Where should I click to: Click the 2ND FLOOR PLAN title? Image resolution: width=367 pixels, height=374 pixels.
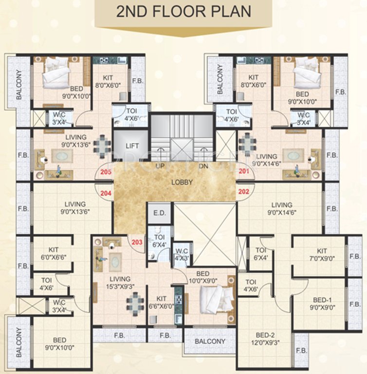click(183, 12)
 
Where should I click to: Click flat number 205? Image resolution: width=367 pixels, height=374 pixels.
click(106, 171)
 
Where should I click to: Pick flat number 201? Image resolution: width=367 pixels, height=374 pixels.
click(244, 171)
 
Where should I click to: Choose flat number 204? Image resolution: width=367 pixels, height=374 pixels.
click(106, 192)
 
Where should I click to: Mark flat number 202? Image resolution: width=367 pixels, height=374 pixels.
click(244, 192)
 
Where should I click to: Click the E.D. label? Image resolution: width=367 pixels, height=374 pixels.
click(159, 213)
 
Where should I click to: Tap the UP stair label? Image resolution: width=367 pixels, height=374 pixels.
click(159, 166)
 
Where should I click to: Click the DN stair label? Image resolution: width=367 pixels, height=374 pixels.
click(203, 166)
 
